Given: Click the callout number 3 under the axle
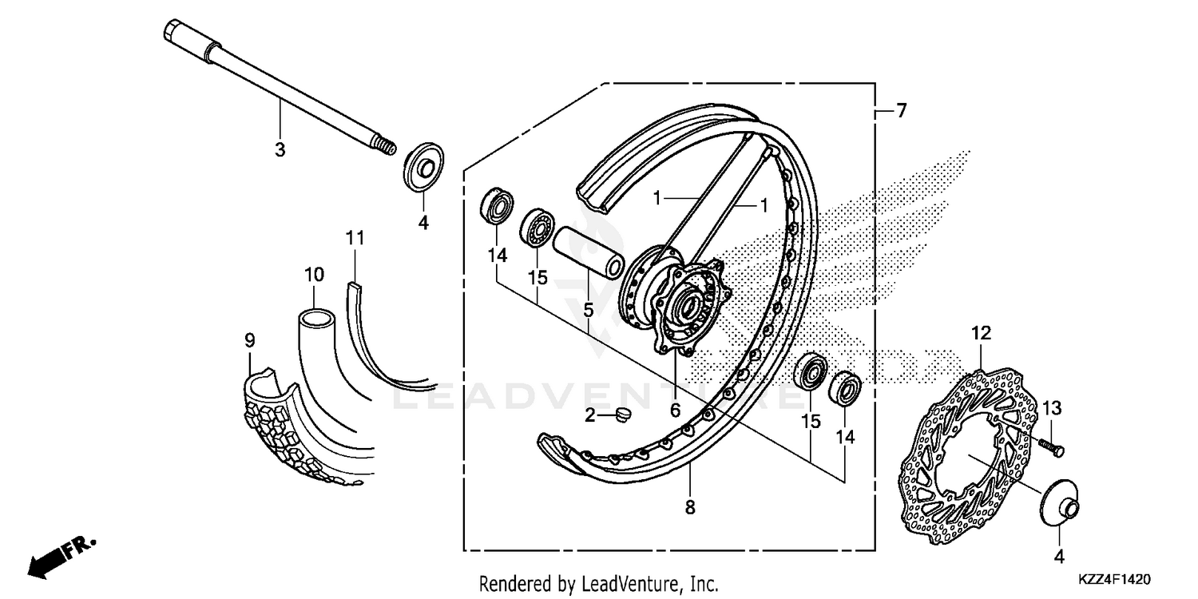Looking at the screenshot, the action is pyautogui.click(x=280, y=149).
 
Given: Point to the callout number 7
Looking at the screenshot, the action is pyautogui.click(x=901, y=112).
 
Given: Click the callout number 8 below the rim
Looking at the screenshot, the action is pyautogui.click(x=690, y=506).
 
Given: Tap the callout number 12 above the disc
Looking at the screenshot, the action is pyautogui.click(x=981, y=332).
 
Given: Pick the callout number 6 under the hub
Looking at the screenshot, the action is pyautogui.click(x=675, y=411).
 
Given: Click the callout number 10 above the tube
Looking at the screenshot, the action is pyautogui.click(x=314, y=275).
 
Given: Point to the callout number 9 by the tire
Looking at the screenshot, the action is pyautogui.click(x=250, y=341).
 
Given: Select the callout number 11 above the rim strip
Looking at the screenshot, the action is pyautogui.click(x=355, y=237).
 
